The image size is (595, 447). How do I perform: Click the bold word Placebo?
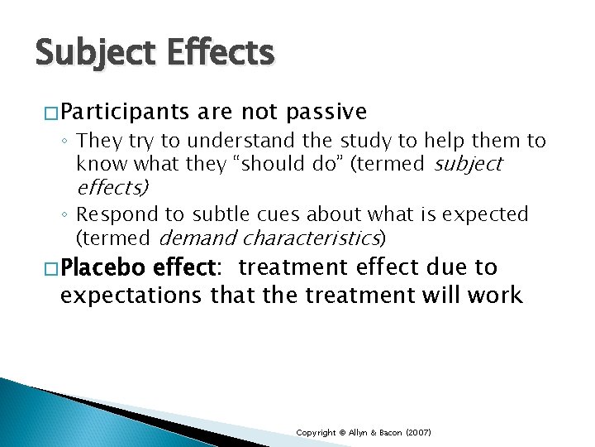click(x=103, y=267)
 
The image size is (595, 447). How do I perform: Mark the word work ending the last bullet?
click(x=494, y=295)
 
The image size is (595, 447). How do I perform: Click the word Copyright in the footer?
click(x=317, y=433)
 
